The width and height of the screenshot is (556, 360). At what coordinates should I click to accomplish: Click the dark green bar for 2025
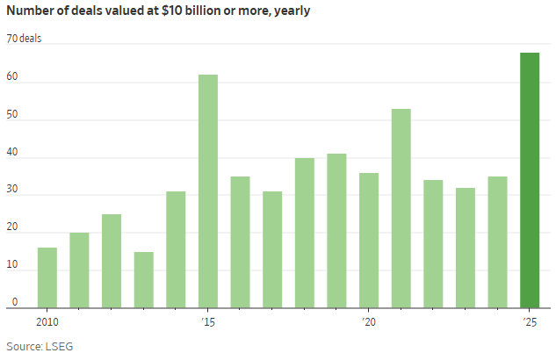530,180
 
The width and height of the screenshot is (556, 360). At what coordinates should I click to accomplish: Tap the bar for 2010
47,277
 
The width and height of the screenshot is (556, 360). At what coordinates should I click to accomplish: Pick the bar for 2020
369,240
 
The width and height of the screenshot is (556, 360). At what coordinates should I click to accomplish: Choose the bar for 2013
143,279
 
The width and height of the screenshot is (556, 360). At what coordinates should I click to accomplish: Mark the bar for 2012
112,261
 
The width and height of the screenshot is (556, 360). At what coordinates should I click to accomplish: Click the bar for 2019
336,231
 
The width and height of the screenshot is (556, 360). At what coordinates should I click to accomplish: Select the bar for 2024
497,241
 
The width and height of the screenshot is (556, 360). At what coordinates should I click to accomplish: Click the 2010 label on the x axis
48,321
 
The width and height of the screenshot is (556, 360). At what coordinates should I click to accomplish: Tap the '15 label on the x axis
207,321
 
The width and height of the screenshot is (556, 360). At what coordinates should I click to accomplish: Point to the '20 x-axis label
368,321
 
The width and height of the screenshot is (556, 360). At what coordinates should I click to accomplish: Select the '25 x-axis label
529,321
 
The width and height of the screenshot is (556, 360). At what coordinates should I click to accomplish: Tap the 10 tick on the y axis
11,266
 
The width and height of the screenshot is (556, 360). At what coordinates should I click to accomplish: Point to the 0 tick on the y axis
14,304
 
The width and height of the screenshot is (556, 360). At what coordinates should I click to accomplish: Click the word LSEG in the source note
61,346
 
